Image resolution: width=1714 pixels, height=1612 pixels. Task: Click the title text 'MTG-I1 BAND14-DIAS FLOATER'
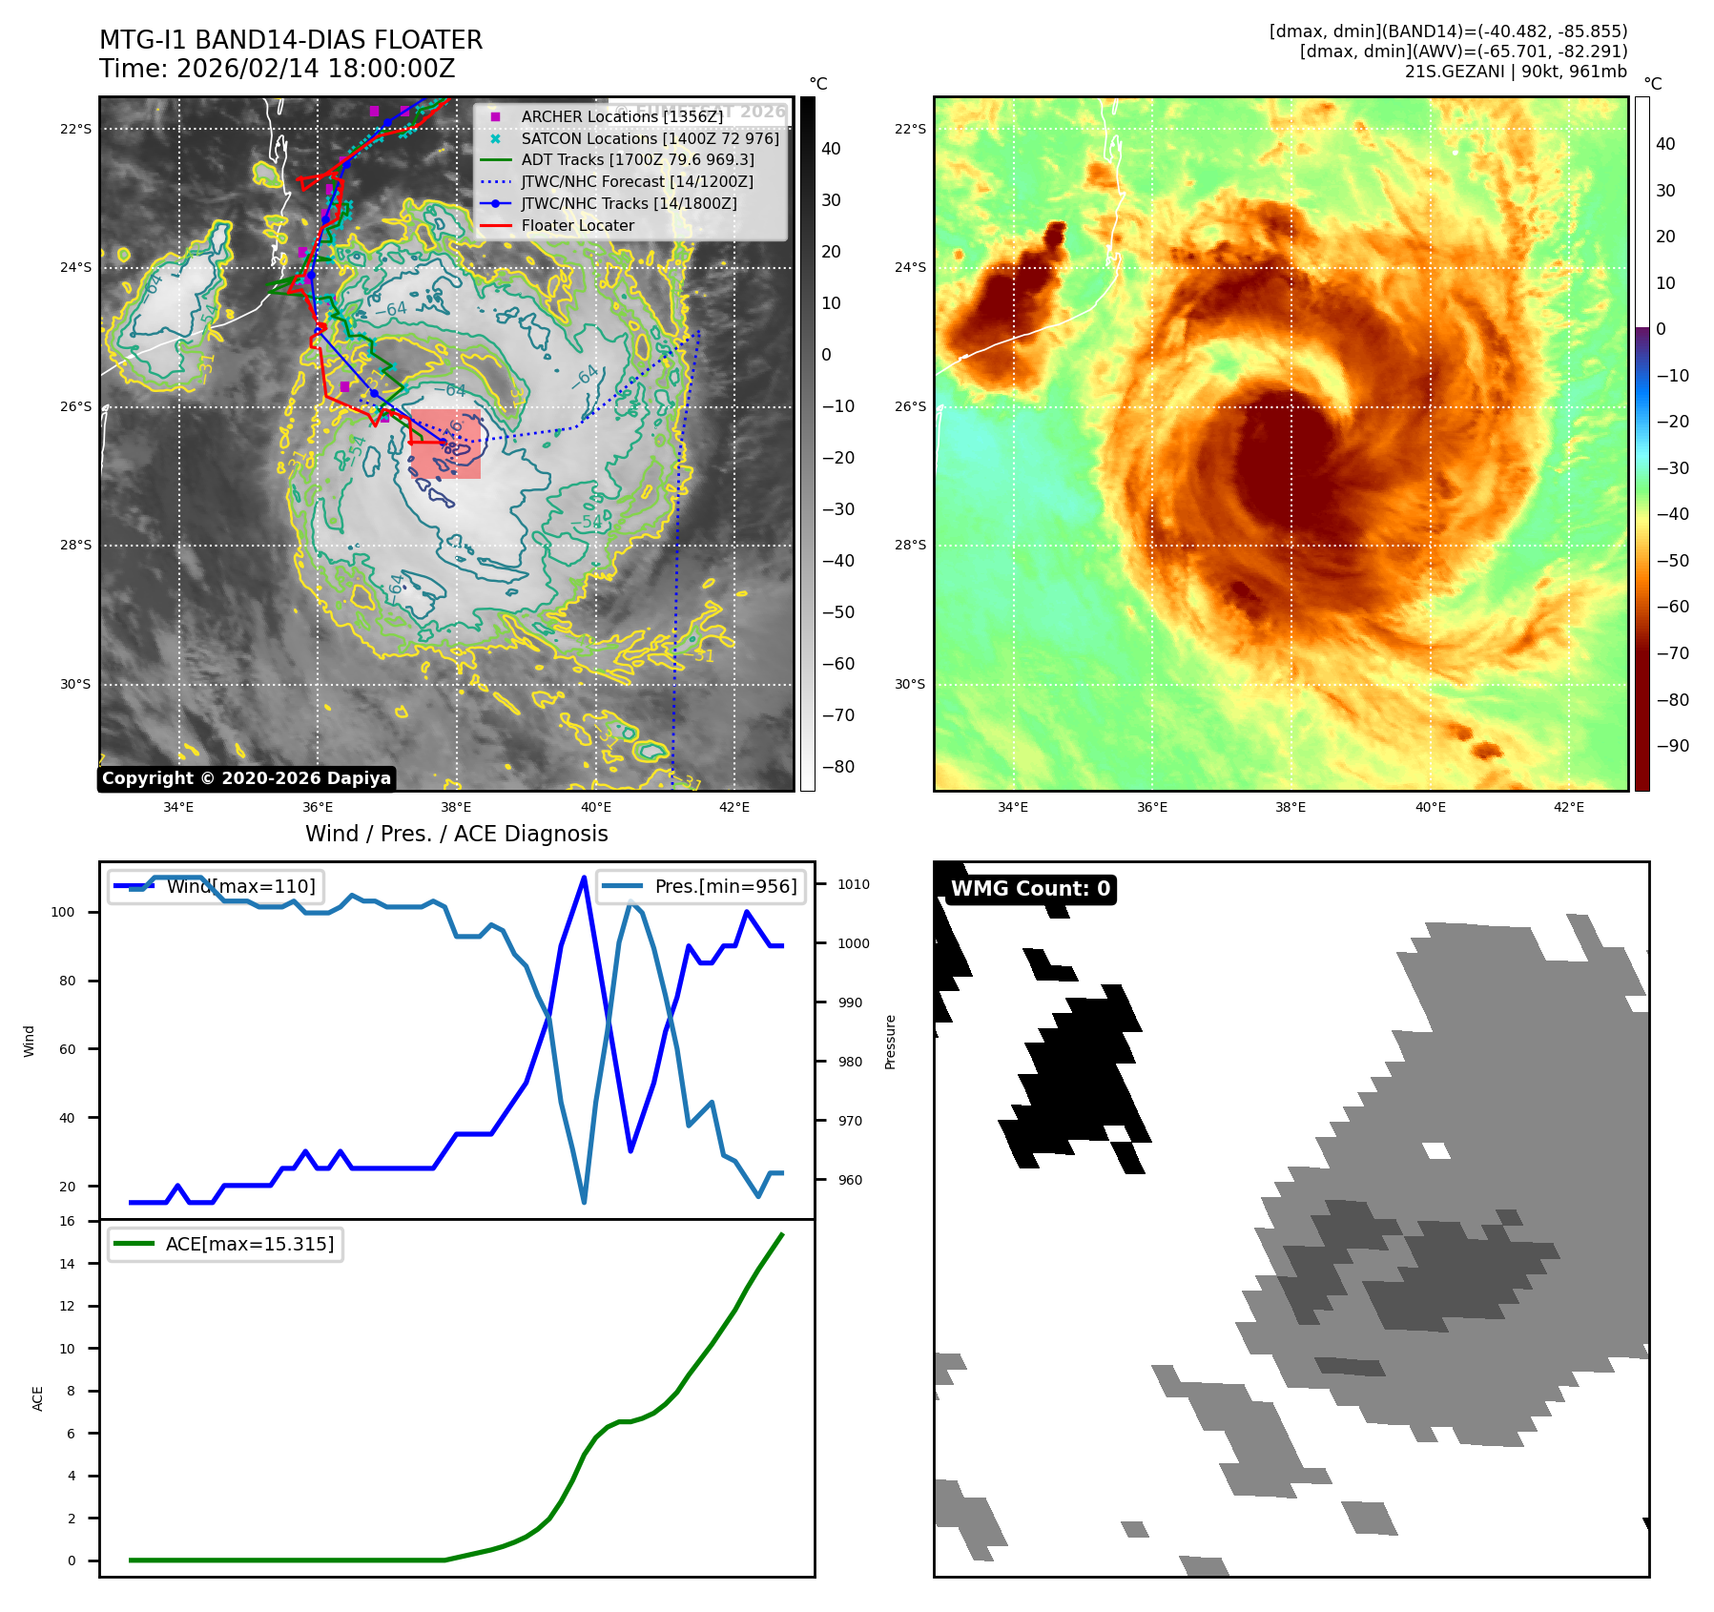click(291, 40)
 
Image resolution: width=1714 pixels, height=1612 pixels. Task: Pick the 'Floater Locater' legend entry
click(577, 226)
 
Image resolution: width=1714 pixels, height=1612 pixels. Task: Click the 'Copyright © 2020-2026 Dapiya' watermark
click(246, 778)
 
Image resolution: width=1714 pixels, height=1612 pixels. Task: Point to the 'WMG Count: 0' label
click(1030, 889)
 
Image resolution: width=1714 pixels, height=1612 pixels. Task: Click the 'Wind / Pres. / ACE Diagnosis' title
click(456, 834)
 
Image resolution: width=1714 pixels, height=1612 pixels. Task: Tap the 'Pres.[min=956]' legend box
click(701, 886)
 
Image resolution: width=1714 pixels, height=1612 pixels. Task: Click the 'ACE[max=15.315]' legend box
click(226, 1245)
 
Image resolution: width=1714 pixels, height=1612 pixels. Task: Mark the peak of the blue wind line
click(584, 877)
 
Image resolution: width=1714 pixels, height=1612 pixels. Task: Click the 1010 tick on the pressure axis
click(853, 884)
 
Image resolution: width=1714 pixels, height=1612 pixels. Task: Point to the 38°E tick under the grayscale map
click(456, 807)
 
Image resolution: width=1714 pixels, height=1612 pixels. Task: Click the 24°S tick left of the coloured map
click(910, 267)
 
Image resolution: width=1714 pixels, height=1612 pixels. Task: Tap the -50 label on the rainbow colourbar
click(1672, 561)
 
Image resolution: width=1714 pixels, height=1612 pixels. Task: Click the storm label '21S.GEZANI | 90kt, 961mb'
click(1516, 72)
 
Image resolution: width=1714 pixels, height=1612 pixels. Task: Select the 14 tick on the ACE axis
click(67, 1264)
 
